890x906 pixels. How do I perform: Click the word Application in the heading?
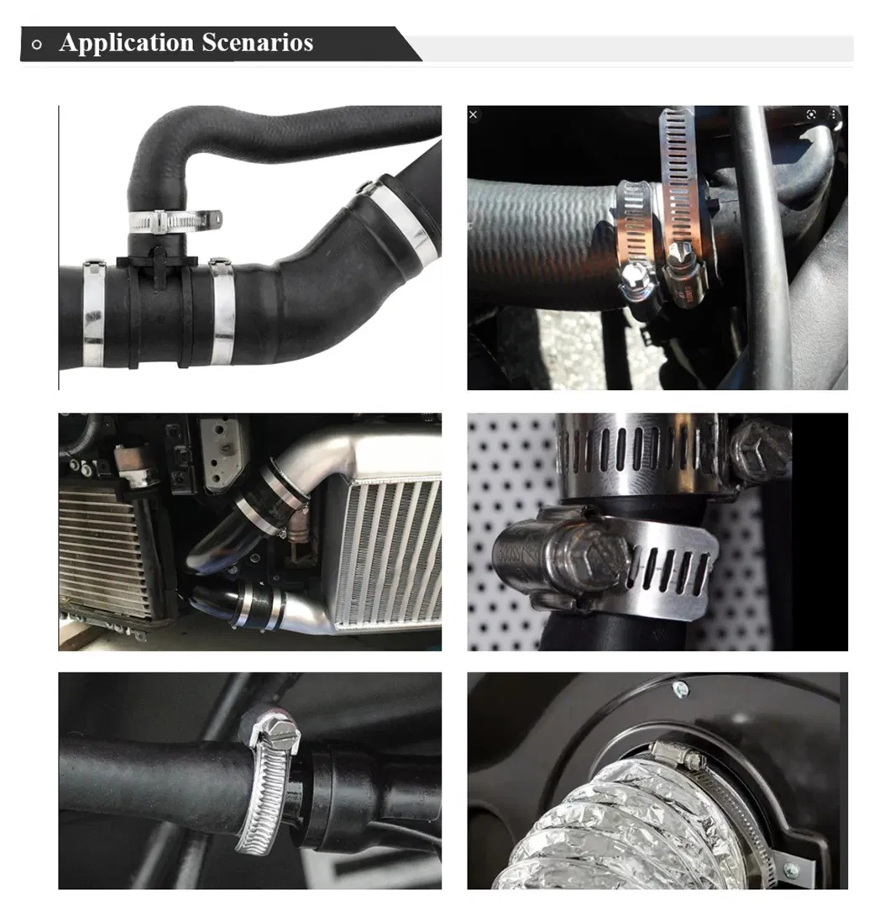(126, 43)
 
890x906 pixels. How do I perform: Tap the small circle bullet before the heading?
(36, 45)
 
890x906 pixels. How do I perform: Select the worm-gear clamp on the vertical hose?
(172, 221)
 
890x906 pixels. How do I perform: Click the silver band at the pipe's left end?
(93, 315)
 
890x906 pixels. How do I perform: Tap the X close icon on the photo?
(474, 114)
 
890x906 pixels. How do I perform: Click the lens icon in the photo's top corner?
(811, 113)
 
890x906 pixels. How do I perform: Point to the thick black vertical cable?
(766, 252)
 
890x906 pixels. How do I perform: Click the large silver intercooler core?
(389, 550)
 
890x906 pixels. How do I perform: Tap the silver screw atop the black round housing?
(680, 689)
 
